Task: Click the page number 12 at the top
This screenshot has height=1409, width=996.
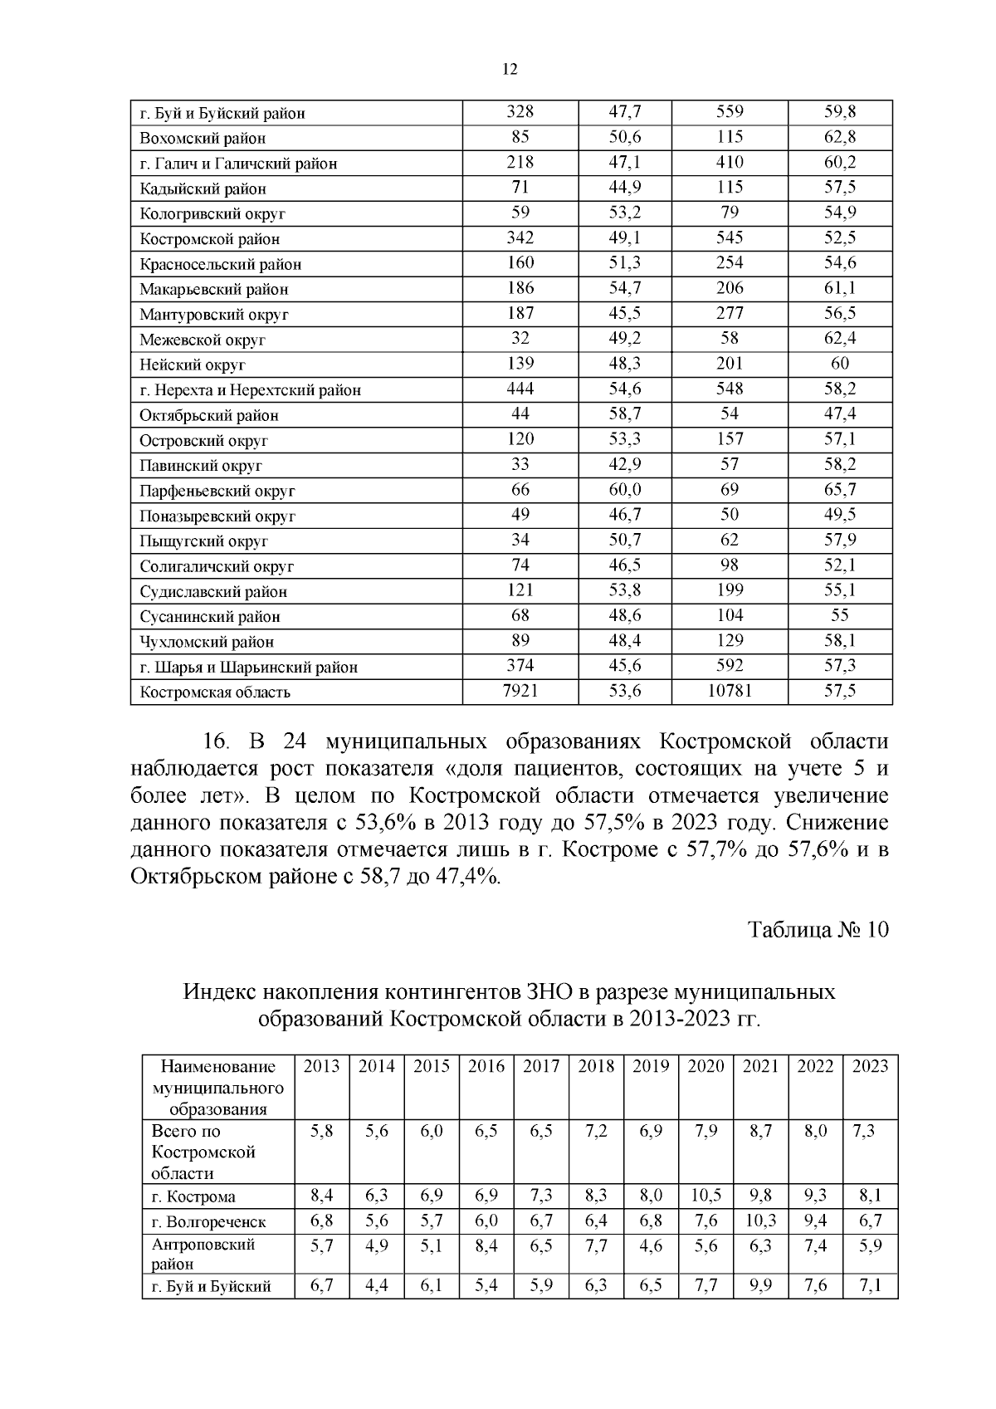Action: [x=510, y=70]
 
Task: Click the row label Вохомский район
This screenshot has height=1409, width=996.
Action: [x=203, y=139]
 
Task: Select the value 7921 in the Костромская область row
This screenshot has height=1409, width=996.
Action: [x=520, y=691]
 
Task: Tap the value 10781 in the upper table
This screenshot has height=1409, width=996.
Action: [x=730, y=691]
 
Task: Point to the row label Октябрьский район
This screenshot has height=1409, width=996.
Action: [x=209, y=415]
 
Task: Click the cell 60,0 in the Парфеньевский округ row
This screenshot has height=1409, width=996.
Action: [x=625, y=490]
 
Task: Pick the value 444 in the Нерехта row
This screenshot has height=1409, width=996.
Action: [x=520, y=389]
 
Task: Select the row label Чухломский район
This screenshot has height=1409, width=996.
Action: [x=207, y=642]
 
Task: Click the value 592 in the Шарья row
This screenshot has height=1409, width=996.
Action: [x=730, y=666]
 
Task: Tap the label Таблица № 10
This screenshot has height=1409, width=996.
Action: [x=818, y=930]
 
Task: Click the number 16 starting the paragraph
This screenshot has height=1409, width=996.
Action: [x=217, y=741]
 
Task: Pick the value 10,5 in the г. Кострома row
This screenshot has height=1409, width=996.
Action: [x=705, y=1196]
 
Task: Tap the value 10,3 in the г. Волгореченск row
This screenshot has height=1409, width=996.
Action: [x=760, y=1221]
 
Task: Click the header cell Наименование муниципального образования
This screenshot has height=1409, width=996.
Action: [x=218, y=1088]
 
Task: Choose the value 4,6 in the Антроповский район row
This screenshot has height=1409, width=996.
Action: [x=651, y=1245]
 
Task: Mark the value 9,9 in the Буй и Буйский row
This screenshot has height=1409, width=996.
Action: [x=760, y=1287]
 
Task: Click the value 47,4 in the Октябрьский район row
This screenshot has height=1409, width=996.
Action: [x=840, y=413]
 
